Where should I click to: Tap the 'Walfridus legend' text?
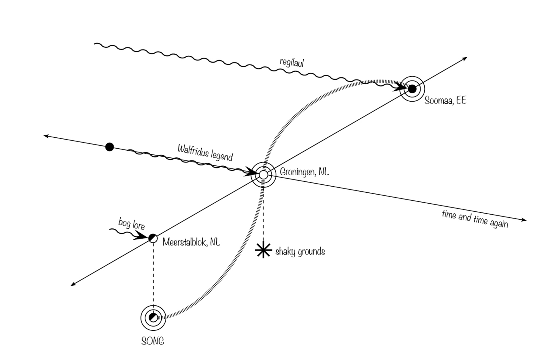(205, 152)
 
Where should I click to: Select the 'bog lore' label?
(131, 224)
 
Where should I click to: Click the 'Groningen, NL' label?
(304, 172)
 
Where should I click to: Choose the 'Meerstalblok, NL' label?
(191, 242)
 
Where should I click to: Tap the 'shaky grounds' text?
(300, 252)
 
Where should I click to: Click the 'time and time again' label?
(474, 219)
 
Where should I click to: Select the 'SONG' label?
(153, 341)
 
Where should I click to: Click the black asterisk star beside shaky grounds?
(263, 250)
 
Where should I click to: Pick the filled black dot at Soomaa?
(412, 89)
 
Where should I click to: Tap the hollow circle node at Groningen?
(263, 174)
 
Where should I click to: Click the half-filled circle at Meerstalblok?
(153, 238)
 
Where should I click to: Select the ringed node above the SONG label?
(153, 317)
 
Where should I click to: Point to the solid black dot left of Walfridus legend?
(109, 146)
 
